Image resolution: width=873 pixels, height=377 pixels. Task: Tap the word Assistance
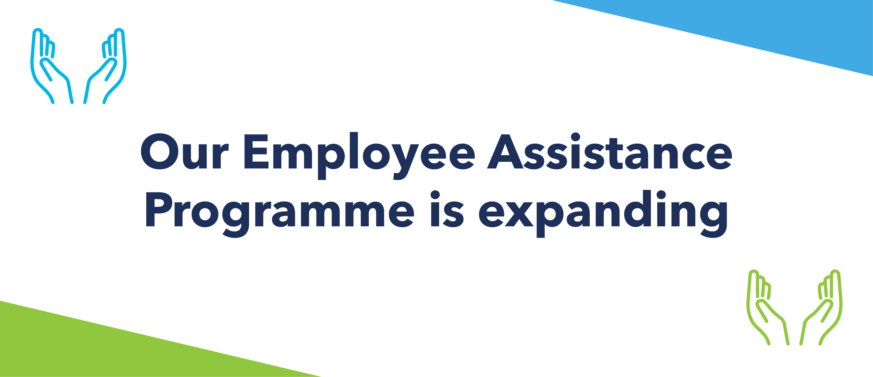[610, 151]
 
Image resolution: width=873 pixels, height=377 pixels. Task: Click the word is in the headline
[447, 209]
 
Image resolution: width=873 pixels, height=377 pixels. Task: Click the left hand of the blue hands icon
[52, 66]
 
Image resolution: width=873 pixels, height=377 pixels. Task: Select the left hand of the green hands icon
[768, 308]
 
